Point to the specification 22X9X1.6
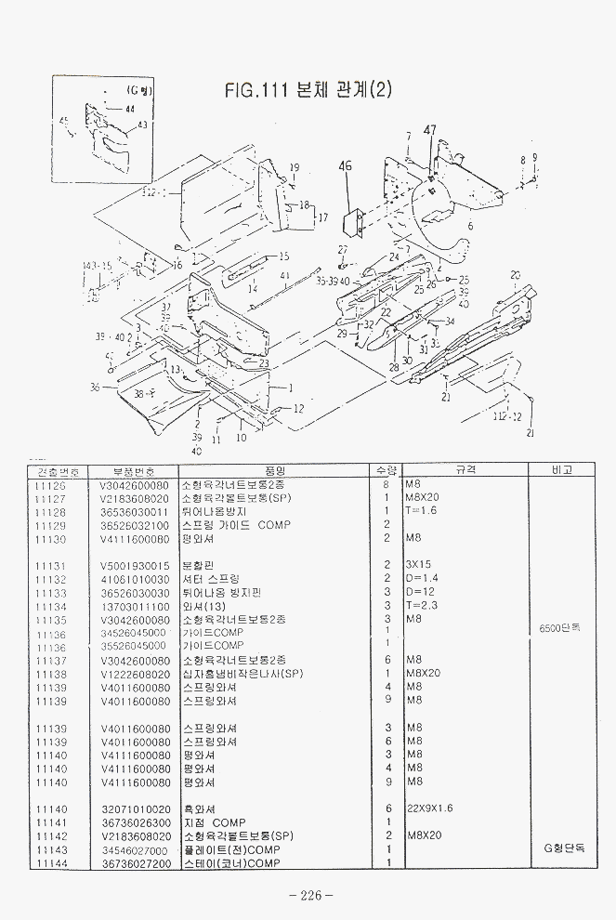[x=429, y=808]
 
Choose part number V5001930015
[x=135, y=565]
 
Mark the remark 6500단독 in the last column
[x=560, y=627]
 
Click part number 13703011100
[x=135, y=606]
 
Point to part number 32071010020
[x=135, y=808]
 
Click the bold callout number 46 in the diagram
[x=345, y=166]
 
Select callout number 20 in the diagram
[x=515, y=276]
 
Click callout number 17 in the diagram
[x=323, y=217]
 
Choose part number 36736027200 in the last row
[x=135, y=863]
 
